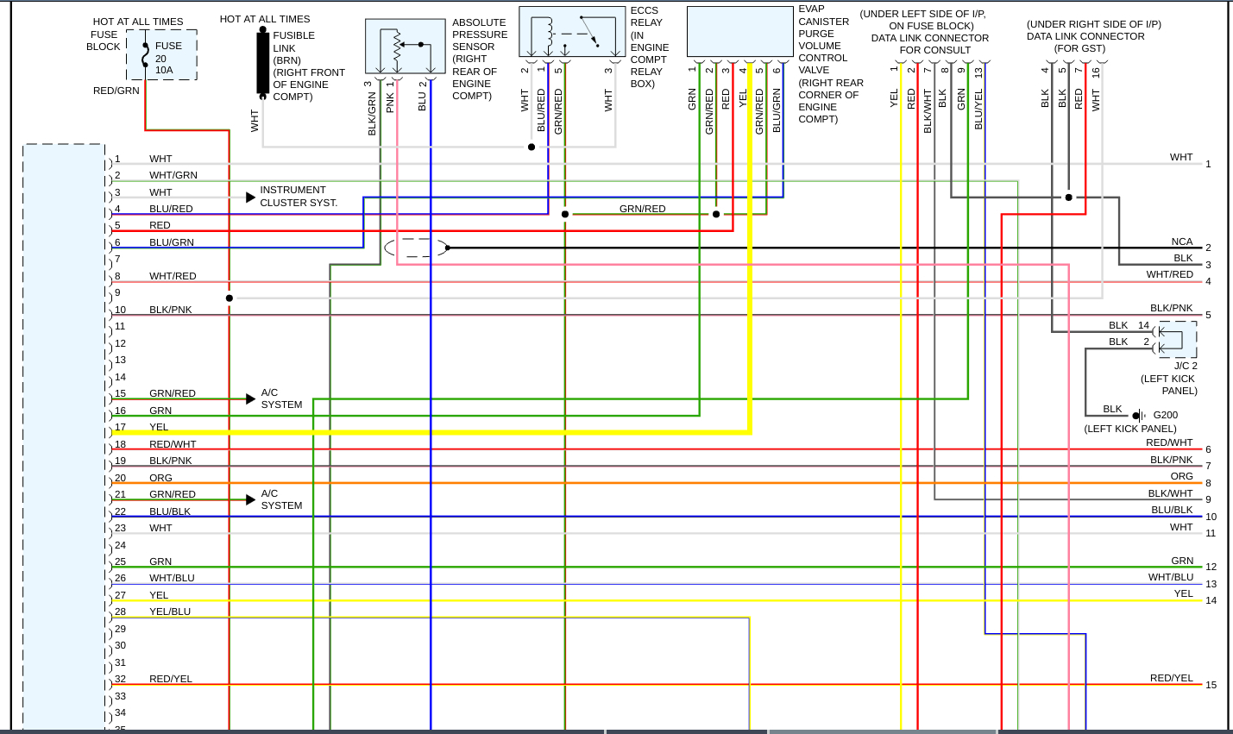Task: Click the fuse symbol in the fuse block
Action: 145,55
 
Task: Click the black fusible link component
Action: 262,62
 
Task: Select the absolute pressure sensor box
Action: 405,47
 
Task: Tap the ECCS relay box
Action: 572,33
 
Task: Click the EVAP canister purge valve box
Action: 739,32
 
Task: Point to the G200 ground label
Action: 1165,415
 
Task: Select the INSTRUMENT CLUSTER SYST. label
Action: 299,197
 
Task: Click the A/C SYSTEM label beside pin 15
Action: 281,398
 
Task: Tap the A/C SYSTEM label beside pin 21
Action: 281,499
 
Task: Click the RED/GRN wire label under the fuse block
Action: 116,91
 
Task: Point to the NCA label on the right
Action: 1182,242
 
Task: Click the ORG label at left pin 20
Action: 160,478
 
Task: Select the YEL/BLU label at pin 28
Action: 170,612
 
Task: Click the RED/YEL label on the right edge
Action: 1171,678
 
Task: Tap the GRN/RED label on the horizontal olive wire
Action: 642,209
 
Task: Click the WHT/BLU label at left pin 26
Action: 172,578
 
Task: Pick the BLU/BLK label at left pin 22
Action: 170,511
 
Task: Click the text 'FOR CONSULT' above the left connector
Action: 934,50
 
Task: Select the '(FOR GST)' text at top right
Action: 1079,48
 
